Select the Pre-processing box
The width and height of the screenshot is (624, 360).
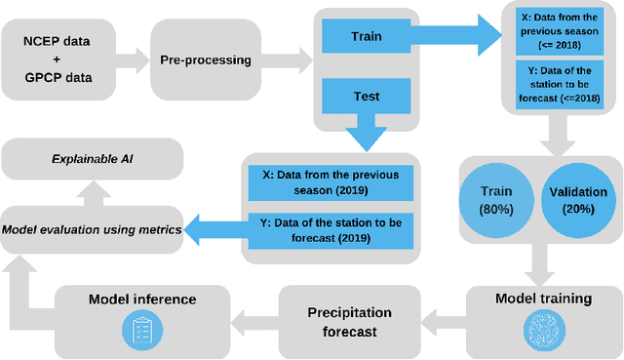(206, 60)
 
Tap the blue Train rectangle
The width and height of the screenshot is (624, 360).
(366, 38)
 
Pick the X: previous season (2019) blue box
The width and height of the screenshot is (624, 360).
(330, 182)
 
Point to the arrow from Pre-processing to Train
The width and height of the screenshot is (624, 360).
(290, 60)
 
